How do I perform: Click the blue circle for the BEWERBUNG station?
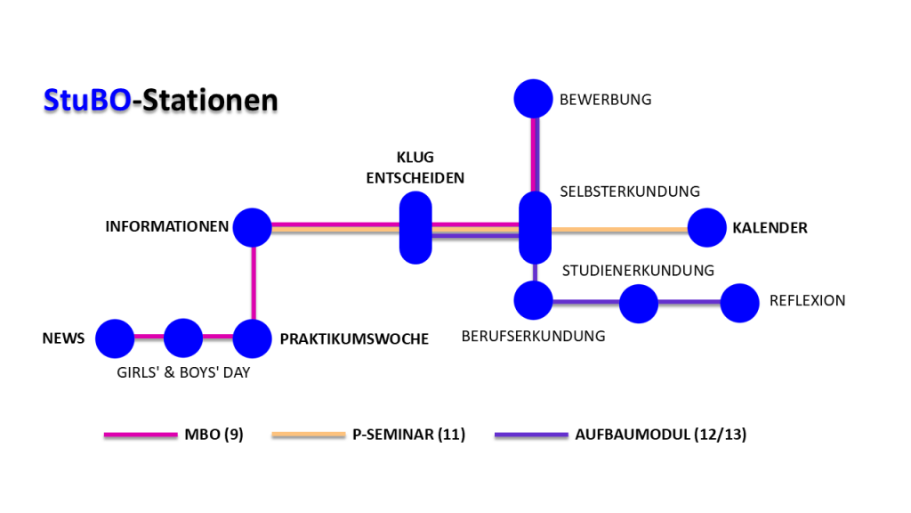(534, 99)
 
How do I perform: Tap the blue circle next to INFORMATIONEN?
(252, 227)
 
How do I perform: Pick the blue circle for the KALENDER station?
(707, 227)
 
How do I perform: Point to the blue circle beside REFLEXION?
(739, 303)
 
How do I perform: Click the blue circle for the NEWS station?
(114, 338)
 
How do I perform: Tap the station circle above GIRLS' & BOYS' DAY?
(183, 338)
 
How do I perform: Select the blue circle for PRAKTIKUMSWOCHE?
(253, 338)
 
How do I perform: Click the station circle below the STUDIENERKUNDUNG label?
(638, 303)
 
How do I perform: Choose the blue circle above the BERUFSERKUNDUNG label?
(534, 300)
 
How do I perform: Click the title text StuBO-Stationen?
(160, 100)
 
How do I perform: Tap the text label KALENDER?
(770, 228)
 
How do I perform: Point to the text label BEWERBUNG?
(605, 100)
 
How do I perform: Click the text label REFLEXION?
(807, 301)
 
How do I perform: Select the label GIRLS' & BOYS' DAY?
(183, 372)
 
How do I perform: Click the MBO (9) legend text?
(214, 435)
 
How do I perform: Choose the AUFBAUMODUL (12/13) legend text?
(661, 435)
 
